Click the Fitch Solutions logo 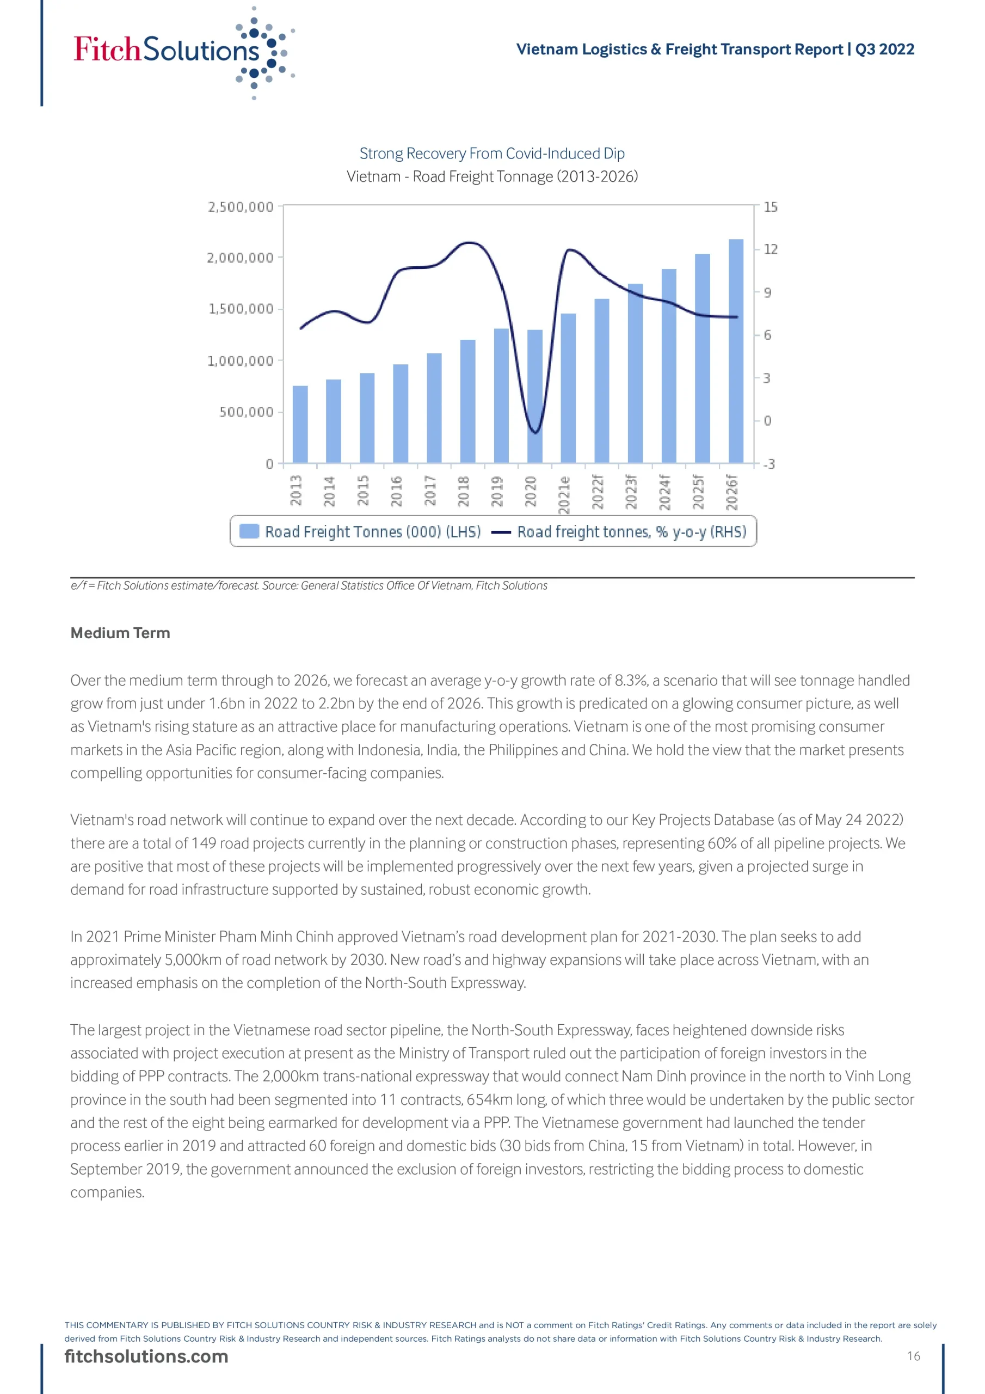coord(182,51)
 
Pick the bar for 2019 coord(501,395)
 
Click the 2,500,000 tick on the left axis coord(241,207)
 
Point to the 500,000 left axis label coord(247,412)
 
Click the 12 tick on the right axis coord(770,249)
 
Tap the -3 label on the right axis coord(769,464)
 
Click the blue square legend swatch coord(249,531)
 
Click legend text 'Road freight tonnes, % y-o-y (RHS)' coord(631,532)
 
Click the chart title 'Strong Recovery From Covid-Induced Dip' coord(491,154)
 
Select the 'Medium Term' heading coord(120,633)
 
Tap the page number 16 coord(913,1356)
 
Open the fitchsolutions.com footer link coord(146,1356)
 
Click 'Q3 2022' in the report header coord(884,49)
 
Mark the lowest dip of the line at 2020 coord(535,432)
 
